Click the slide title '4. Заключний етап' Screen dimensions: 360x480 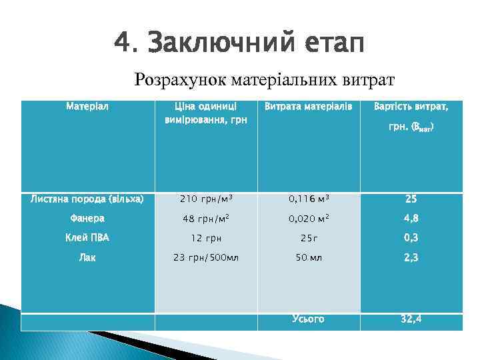239,45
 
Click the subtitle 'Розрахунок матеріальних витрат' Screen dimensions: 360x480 265,80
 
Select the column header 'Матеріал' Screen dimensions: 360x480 87,106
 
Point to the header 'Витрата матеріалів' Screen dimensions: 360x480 308,107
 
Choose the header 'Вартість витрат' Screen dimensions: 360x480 411,107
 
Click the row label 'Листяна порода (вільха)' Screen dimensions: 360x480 87,198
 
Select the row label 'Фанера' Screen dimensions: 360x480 87,217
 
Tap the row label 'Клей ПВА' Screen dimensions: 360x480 87,237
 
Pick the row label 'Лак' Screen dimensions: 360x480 87,257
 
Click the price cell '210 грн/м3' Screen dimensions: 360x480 206,199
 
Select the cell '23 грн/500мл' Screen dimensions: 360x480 206,257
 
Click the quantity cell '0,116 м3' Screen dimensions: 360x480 309,199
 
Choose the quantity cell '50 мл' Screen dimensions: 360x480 309,257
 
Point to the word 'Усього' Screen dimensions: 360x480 308,319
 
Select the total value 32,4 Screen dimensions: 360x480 411,319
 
